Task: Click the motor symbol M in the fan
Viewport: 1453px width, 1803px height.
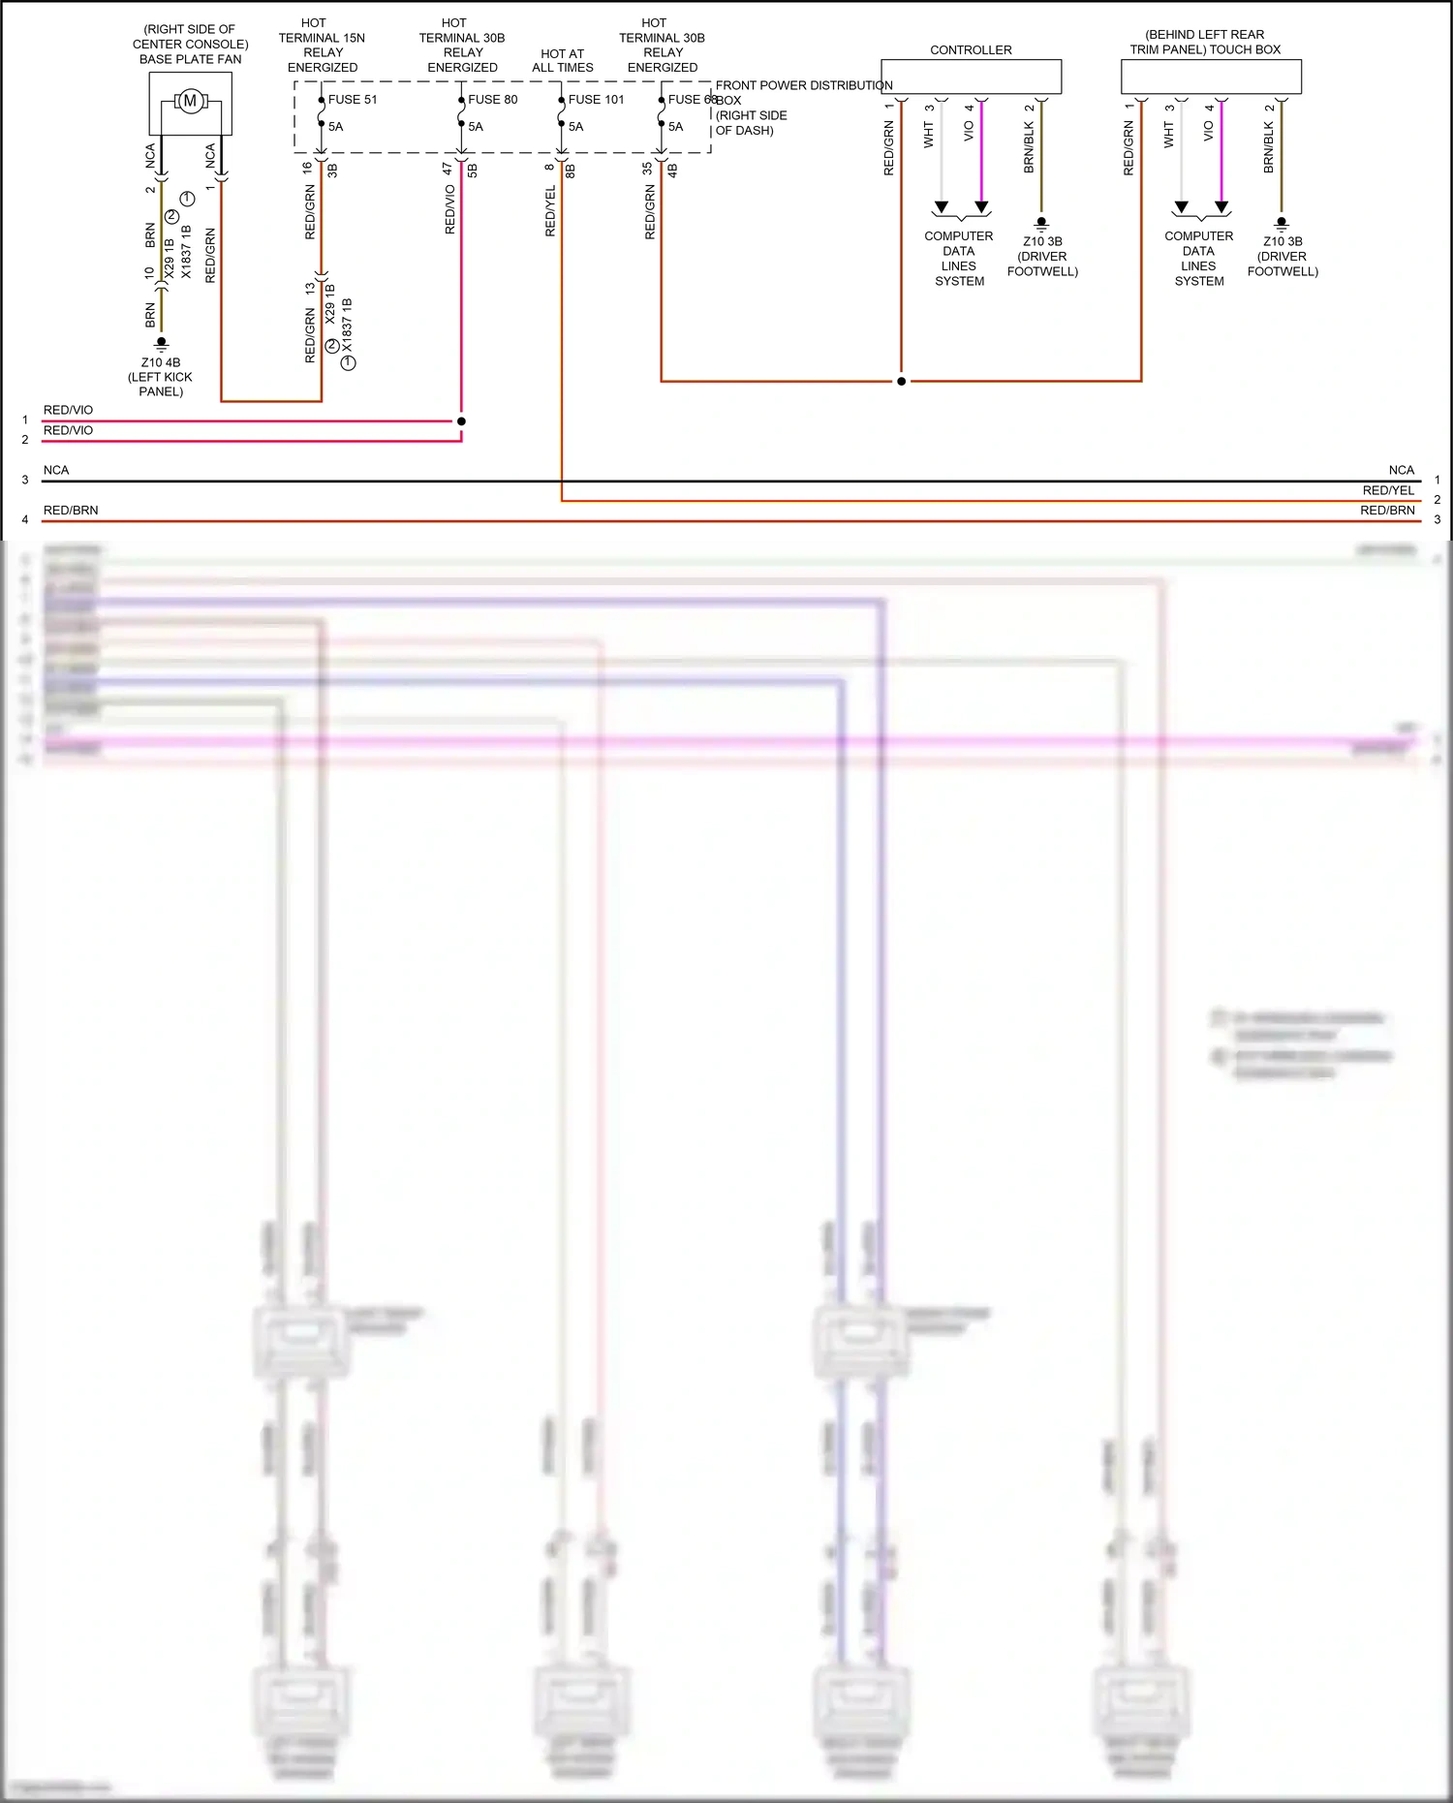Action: coord(190,101)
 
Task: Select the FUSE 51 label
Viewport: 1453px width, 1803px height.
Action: coord(353,99)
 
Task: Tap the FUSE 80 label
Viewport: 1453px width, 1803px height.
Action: coord(492,99)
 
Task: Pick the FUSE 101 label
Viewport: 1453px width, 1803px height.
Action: coord(596,99)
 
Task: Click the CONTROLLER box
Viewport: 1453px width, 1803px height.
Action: coord(971,77)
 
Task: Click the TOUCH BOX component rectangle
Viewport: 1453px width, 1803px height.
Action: coord(1210,77)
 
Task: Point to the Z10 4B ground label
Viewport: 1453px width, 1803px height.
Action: coord(161,362)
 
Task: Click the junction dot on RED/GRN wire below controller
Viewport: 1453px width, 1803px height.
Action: coord(901,381)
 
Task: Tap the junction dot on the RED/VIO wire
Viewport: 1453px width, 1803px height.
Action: coord(461,421)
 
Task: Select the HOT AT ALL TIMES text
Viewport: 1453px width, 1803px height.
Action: coord(563,60)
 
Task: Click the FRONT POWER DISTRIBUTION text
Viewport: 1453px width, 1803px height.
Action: coord(803,85)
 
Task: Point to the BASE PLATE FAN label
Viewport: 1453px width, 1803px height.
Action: coord(190,59)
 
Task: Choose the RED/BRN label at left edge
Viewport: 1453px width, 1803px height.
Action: coord(71,510)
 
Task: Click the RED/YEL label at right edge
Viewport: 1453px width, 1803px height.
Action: coord(1388,490)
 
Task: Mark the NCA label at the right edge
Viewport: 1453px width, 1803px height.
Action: coord(1401,470)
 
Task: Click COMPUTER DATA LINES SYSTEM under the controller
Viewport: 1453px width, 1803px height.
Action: coord(959,258)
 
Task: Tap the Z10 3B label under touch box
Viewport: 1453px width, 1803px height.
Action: coord(1283,241)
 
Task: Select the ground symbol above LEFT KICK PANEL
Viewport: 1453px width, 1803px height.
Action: coord(162,343)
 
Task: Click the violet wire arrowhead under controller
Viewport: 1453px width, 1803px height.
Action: coord(981,207)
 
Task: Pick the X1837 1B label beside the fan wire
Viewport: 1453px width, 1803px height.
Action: coord(186,252)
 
